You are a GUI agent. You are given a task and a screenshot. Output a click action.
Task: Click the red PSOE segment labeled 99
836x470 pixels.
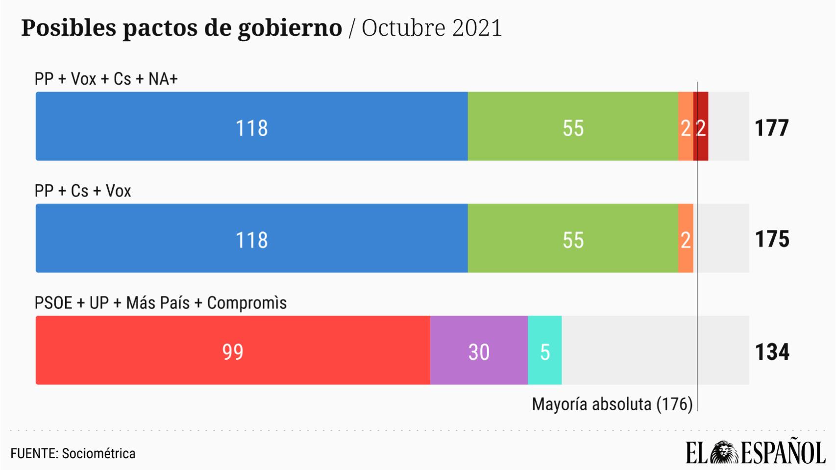[x=233, y=350]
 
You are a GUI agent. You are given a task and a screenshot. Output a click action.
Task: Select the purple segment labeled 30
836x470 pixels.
[x=479, y=350]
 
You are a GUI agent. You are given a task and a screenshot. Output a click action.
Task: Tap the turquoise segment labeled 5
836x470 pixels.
[x=545, y=350]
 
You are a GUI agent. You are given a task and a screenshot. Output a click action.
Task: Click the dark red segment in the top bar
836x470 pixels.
[x=701, y=126]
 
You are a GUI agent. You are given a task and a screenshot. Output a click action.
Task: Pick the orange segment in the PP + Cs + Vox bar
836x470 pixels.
[x=686, y=238]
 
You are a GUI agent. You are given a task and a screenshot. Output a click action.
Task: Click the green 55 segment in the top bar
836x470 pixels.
[x=573, y=126]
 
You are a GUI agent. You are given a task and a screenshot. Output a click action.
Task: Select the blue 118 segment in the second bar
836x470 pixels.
[x=251, y=238]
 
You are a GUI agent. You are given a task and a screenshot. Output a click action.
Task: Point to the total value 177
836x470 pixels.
[x=772, y=128]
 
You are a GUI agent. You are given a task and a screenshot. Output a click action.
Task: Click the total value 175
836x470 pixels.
[x=772, y=239]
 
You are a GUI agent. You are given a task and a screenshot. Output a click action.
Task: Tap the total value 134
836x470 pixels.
[x=772, y=352]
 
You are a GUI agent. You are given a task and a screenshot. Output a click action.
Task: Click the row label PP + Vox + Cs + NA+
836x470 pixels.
[x=106, y=79]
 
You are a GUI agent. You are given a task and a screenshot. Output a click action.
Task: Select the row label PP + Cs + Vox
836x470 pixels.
[x=83, y=191]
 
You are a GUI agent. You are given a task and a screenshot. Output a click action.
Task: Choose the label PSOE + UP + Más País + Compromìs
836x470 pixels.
[x=160, y=303]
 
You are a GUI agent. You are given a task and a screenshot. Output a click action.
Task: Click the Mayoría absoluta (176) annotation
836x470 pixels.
[x=612, y=404]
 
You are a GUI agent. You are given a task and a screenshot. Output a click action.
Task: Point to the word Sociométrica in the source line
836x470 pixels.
[x=98, y=453]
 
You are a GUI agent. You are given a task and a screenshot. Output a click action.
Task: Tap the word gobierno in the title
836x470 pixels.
[x=290, y=27]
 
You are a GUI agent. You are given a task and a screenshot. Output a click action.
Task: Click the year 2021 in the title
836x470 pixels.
[x=477, y=27]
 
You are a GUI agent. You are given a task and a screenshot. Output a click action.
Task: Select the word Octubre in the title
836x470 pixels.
[x=403, y=27]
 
